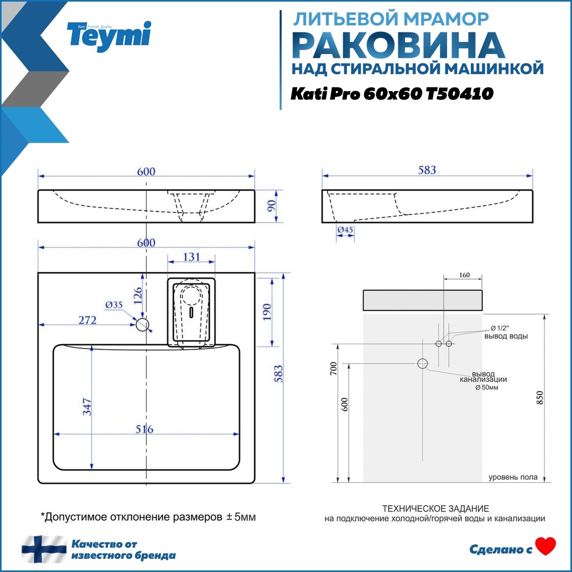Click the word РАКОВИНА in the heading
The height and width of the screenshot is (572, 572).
click(x=398, y=46)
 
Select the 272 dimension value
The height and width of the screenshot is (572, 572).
click(x=87, y=320)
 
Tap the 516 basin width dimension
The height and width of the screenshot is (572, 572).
click(x=143, y=428)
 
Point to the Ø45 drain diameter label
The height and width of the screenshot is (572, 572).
click(x=345, y=230)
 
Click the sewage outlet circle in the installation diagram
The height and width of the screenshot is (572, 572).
click(x=422, y=363)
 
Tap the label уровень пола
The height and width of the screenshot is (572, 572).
click(x=513, y=477)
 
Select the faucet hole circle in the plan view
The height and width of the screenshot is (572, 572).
click(x=142, y=325)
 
